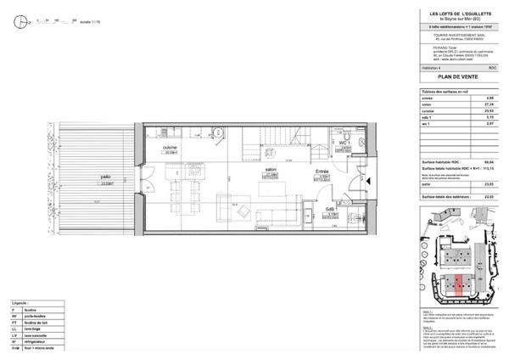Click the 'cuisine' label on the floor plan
click(170, 146)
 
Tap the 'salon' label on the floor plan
click(271, 170)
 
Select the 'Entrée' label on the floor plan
click(322, 172)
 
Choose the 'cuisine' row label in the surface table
click(429, 110)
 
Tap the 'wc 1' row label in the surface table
click(428, 124)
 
